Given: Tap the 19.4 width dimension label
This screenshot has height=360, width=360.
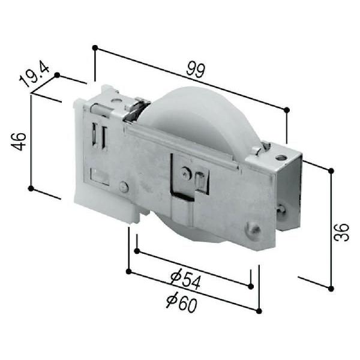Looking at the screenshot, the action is [x=34, y=73].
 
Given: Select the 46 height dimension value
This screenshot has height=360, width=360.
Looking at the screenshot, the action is [x=19, y=142].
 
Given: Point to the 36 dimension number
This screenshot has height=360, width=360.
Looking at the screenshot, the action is [x=341, y=232].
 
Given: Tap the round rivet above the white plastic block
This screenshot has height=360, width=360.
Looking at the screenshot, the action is [x=124, y=187].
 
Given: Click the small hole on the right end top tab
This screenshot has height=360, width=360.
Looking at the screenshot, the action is [x=280, y=157].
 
